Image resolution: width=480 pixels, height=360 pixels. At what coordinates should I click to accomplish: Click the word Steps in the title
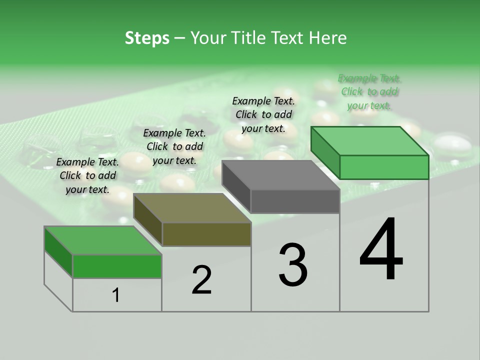(x=147, y=38)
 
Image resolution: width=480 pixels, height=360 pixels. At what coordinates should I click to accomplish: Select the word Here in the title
(x=327, y=38)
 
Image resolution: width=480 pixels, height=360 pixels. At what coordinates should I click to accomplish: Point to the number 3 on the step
(x=293, y=264)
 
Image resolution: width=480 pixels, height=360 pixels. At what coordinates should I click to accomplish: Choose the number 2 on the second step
(x=201, y=280)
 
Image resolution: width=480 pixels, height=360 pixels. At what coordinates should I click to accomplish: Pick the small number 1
(x=116, y=295)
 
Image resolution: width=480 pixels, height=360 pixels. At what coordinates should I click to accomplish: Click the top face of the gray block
(x=280, y=175)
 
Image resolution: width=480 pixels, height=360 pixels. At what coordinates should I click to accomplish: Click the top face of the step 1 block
(x=103, y=240)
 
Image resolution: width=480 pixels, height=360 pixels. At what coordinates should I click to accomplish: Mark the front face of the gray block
(x=295, y=201)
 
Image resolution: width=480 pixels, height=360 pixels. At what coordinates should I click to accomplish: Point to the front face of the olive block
(x=206, y=234)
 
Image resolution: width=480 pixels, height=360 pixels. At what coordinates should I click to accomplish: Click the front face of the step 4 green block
(x=384, y=167)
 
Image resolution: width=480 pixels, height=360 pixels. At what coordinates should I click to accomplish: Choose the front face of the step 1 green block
(x=117, y=266)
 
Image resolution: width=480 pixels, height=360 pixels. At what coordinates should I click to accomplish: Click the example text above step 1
(x=87, y=175)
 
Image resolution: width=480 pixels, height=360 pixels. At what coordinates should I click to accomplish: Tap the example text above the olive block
(x=174, y=146)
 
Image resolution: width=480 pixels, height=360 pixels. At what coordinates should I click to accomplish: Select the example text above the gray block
(x=263, y=114)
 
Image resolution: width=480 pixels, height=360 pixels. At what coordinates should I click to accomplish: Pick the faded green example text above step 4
(x=369, y=91)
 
